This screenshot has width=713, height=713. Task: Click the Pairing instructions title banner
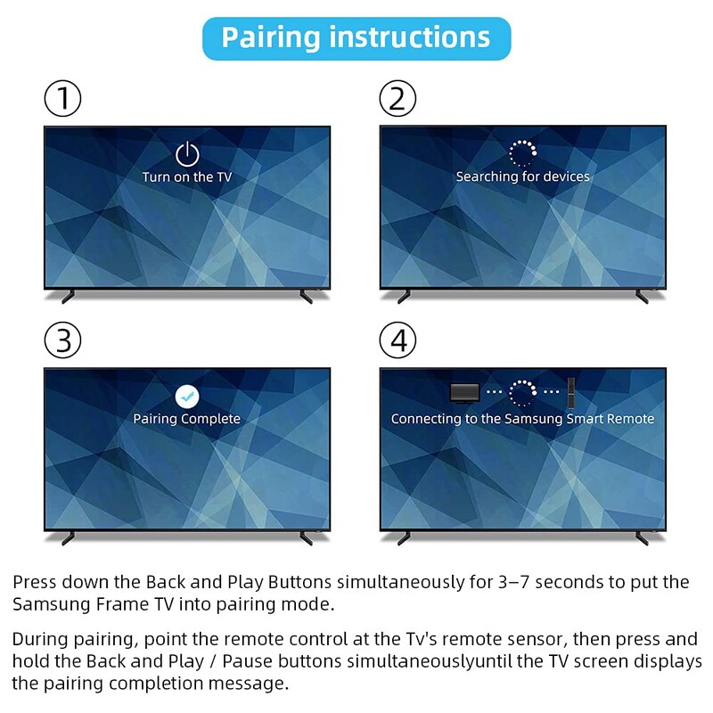356,38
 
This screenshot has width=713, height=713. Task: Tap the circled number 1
63,98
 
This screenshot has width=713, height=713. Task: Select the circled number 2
398,98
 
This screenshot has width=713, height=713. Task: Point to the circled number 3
63,340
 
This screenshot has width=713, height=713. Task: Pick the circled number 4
398,340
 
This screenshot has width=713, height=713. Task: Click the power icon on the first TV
187,153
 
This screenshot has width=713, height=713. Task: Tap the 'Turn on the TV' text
187,176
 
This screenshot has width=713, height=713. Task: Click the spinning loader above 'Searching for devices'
522,152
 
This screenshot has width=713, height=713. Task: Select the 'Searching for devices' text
522,176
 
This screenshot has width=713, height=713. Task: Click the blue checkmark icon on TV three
187,396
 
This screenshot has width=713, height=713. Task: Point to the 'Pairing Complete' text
187,418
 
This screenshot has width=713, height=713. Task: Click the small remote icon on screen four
572,389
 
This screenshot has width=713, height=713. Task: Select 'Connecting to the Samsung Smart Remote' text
522,418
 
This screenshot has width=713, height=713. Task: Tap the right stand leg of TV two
640,296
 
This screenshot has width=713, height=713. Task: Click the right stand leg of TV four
640,537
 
